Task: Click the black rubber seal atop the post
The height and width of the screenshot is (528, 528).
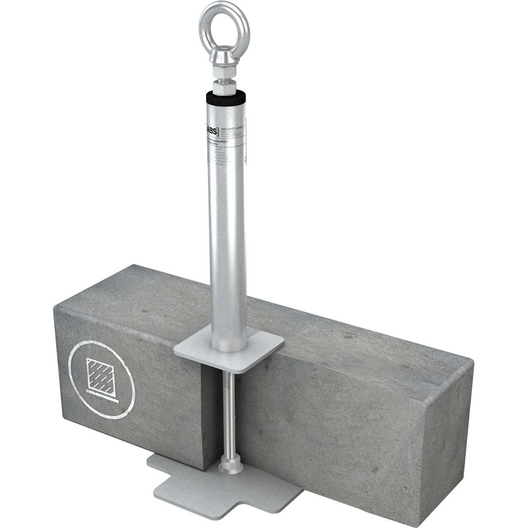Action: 223,101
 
